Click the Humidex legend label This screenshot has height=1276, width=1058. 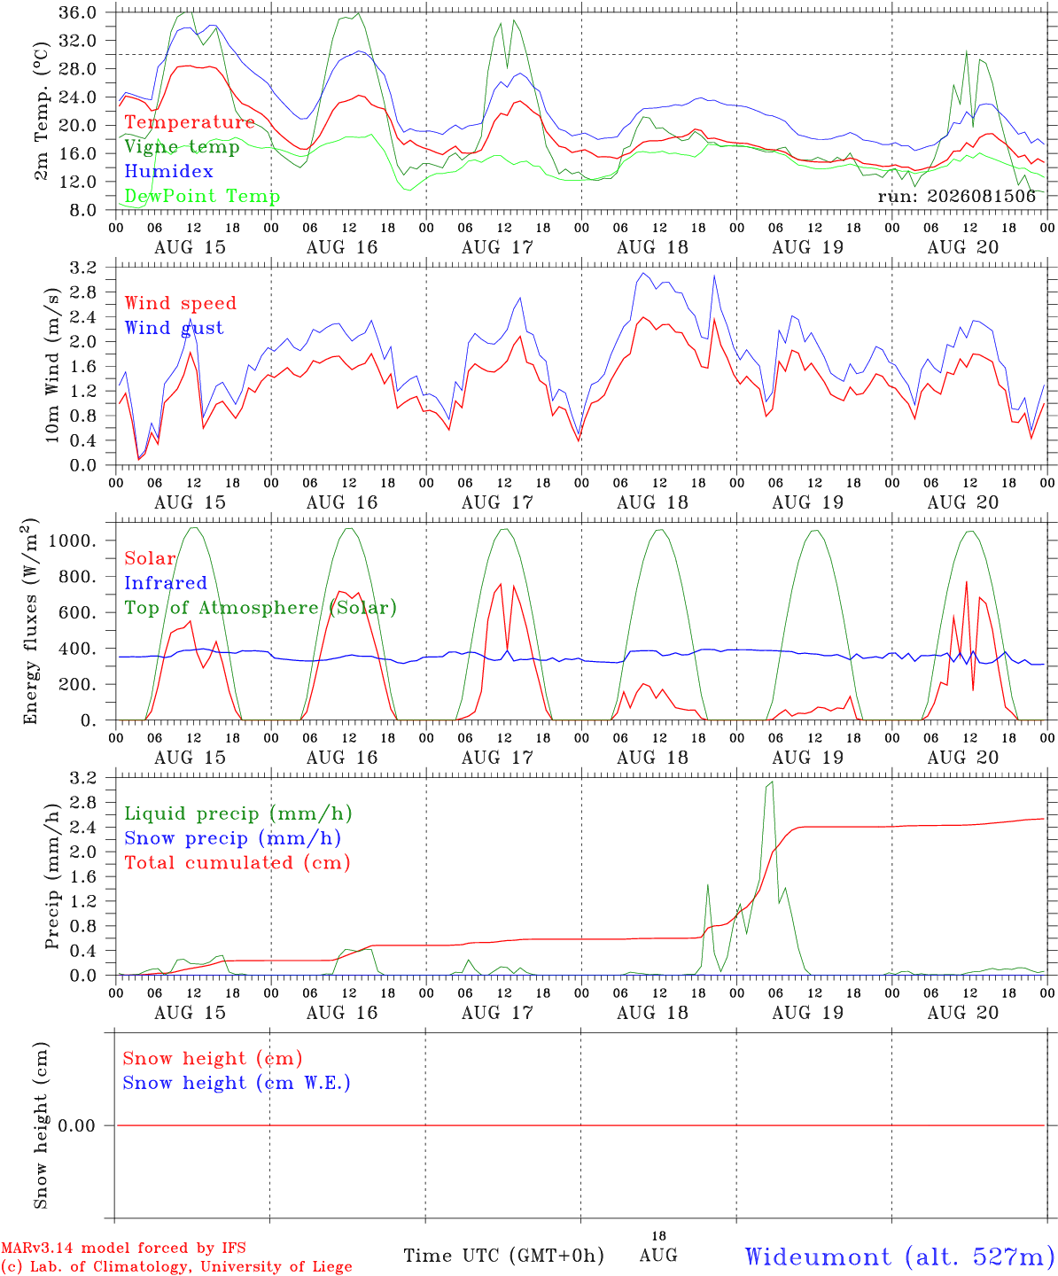tap(168, 171)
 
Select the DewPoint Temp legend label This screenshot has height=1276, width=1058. tap(202, 196)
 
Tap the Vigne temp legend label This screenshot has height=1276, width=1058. tap(182, 147)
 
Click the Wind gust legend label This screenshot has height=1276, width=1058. tap(175, 328)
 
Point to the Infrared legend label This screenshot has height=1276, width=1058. tap(166, 583)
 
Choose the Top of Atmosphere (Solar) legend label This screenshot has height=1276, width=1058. tap(261, 608)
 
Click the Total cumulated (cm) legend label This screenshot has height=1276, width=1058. tap(237, 863)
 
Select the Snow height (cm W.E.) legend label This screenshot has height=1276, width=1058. tap(236, 1083)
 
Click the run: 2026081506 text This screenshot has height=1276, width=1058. tap(957, 196)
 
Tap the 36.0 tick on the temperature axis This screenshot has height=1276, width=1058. tap(77, 12)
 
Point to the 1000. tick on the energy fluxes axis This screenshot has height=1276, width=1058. tap(72, 541)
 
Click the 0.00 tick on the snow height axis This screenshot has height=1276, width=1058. tap(76, 1125)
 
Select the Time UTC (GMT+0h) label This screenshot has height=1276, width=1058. tap(503, 1256)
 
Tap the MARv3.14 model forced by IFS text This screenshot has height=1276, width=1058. tap(123, 1248)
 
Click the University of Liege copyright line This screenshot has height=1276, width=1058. tap(176, 1267)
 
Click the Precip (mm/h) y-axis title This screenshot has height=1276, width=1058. tap(52, 876)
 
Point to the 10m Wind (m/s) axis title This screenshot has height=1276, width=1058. tap(52, 365)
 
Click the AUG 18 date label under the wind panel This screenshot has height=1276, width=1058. tap(652, 502)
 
